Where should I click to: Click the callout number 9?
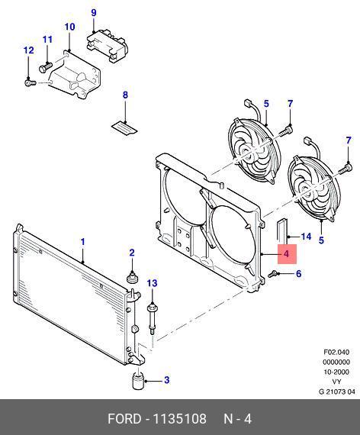[x=94, y=13]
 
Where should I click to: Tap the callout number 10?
[x=69, y=27]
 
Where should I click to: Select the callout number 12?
[x=28, y=50]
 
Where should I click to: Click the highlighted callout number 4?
[x=287, y=253]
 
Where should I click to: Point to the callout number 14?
[x=306, y=237]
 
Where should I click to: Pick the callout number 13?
[x=152, y=283]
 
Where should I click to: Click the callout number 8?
[x=125, y=95]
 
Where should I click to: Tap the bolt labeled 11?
[x=46, y=67]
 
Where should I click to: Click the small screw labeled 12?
[x=31, y=82]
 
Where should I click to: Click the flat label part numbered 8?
[x=124, y=128]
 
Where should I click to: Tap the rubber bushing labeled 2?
[x=132, y=278]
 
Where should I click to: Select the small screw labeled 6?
[x=272, y=275]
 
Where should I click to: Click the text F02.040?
[x=336, y=353]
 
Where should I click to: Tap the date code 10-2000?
[x=336, y=372]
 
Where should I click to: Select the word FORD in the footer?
[x=124, y=419]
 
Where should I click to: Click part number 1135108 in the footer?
[x=180, y=419]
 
